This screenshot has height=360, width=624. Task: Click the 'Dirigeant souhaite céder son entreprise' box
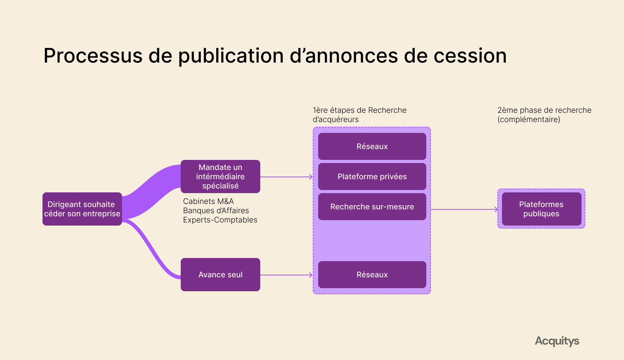click(x=82, y=209)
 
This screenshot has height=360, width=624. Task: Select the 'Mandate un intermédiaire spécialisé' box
click(x=220, y=177)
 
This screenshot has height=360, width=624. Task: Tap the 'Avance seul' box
click(x=220, y=275)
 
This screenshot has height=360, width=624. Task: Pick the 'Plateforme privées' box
click(x=372, y=177)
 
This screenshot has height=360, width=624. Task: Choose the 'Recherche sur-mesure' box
click(x=372, y=207)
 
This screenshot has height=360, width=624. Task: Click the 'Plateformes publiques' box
click(x=541, y=209)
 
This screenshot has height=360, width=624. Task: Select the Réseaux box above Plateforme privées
click(x=372, y=146)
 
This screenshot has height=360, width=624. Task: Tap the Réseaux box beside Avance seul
click(x=372, y=275)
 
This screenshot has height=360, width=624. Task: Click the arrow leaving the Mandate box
click(x=286, y=177)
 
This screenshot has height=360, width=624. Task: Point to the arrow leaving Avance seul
click(x=286, y=275)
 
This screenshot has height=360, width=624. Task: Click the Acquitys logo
click(x=557, y=341)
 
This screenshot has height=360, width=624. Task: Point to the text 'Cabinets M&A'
click(x=208, y=201)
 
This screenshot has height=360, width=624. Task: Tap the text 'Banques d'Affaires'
click(x=216, y=211)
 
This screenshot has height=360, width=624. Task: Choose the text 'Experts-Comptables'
click(x=220, y=220)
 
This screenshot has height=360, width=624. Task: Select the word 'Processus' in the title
click(x=93, y=56)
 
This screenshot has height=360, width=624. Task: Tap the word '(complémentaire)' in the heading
click(x=529, y=119)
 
